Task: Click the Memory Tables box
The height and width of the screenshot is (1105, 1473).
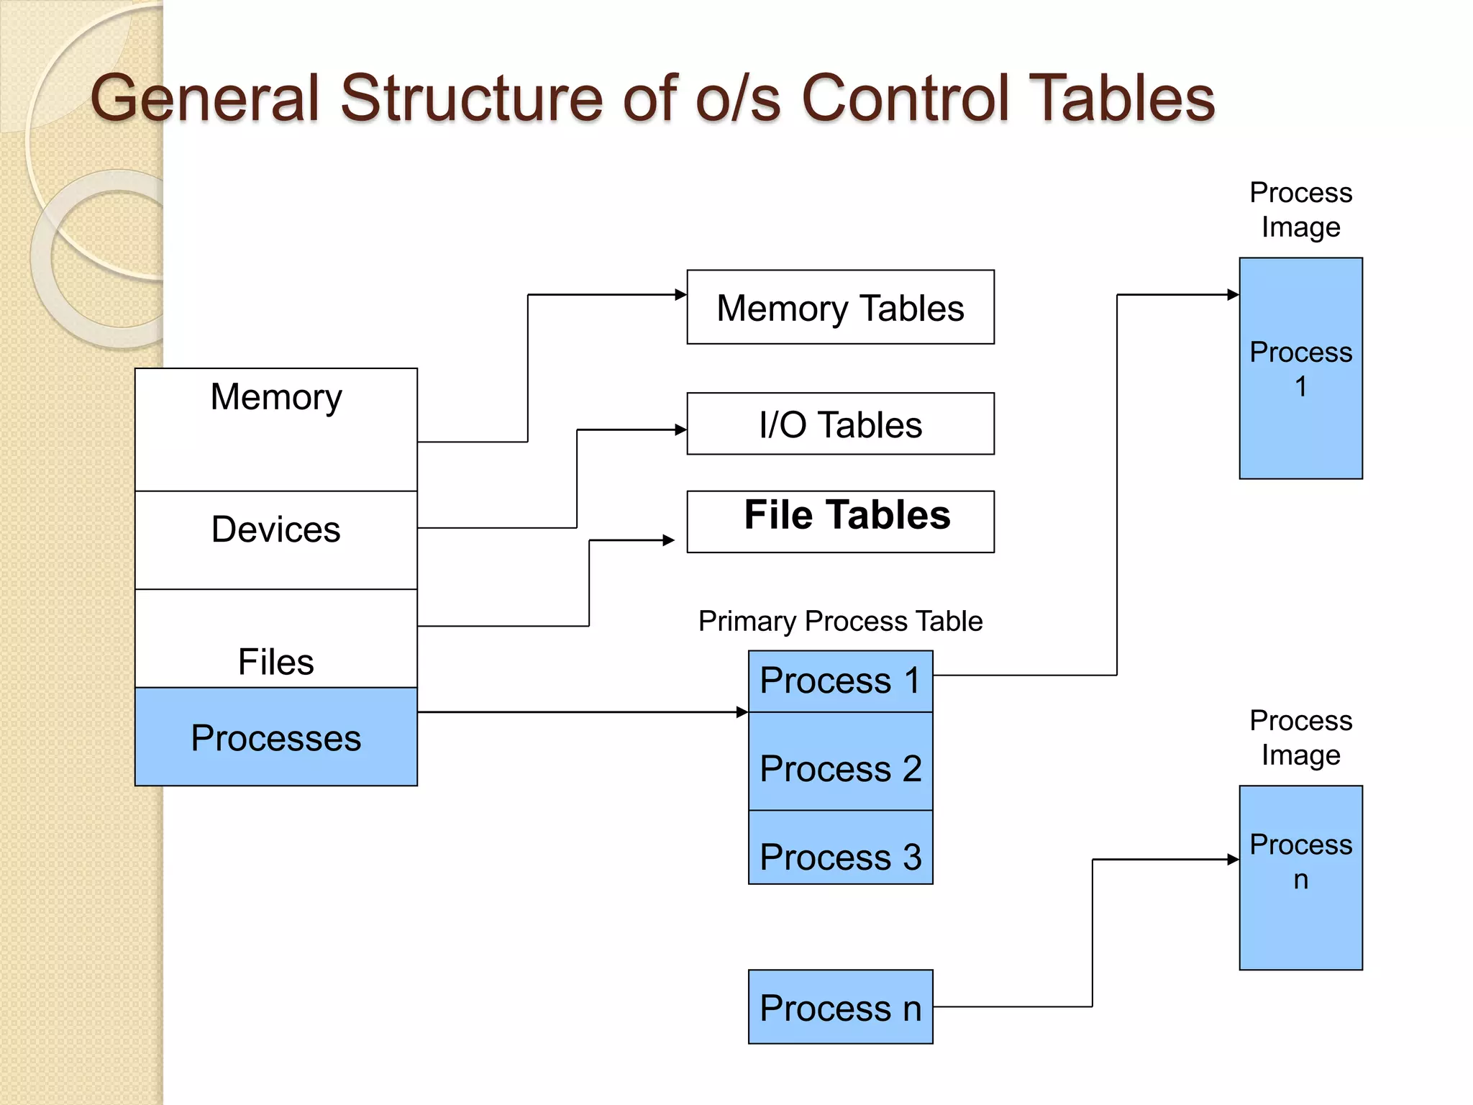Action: coord(840,307)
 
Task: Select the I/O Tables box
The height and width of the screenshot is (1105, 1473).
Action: coord(840,424)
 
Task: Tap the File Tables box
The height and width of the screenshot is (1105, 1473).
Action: coord(840,522)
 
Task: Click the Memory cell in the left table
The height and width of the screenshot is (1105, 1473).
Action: coord(276,429)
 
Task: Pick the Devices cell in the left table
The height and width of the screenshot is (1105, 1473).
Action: coord(276,540)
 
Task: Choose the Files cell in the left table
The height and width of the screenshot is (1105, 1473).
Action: coord(276,639)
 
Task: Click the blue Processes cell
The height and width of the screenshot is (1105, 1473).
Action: coord(276,737)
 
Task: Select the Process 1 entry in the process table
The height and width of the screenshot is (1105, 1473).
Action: coord(840,681)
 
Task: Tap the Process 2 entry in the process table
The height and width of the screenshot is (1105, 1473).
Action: coord(840,762)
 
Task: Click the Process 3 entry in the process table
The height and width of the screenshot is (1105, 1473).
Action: coord(840,848)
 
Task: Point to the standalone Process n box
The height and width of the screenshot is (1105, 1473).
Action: coord(840,1006)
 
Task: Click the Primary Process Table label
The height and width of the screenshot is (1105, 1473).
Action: coord(840,621)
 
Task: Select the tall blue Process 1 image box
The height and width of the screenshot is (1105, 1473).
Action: coord(1300,368)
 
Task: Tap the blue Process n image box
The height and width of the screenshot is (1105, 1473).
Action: coord(1300,878)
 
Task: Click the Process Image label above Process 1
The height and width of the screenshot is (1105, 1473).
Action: coord(1300,209)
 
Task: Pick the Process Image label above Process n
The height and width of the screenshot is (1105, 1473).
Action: coord(1300,737)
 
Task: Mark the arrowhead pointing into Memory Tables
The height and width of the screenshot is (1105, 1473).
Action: coord(681,294)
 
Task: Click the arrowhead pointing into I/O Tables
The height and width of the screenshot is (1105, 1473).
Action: coord(681,429)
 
